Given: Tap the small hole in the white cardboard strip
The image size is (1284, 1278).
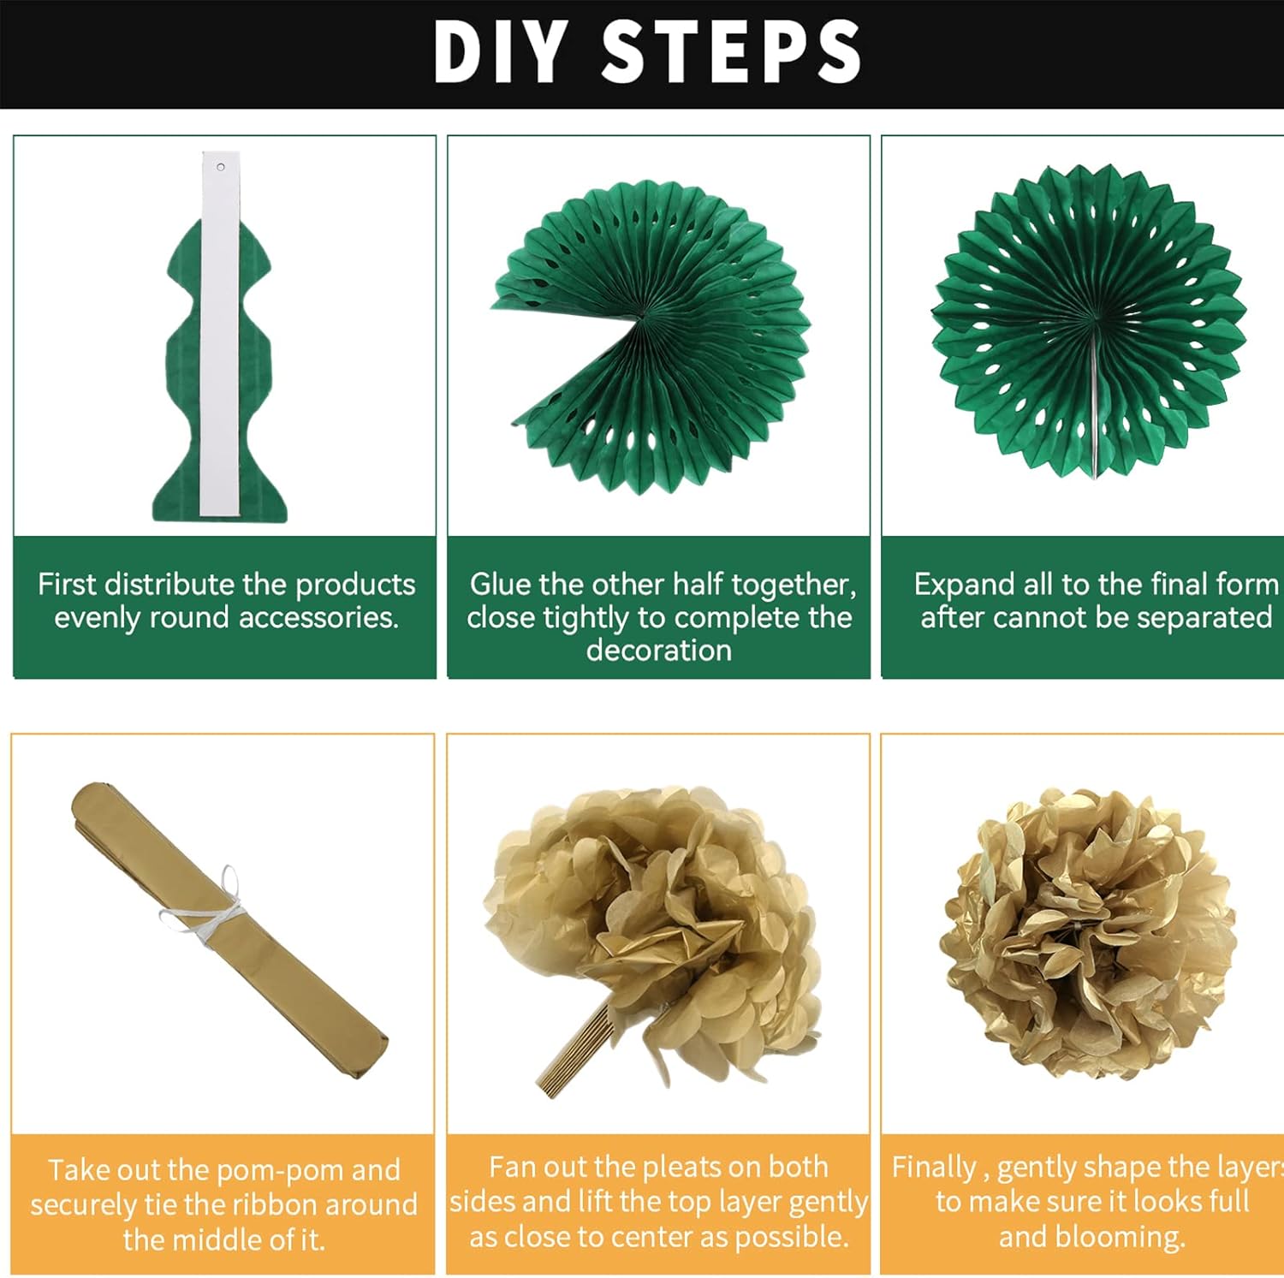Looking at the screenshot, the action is point(221,167).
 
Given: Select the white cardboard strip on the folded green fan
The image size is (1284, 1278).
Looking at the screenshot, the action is point(220,334).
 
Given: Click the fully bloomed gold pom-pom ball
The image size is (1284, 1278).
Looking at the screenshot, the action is point(1090,934).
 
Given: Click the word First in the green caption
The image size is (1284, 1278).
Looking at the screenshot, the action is point(67,585).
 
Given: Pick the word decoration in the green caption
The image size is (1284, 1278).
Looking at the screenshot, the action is point(659,651).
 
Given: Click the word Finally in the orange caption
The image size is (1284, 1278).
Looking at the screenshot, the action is point(935,1168).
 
